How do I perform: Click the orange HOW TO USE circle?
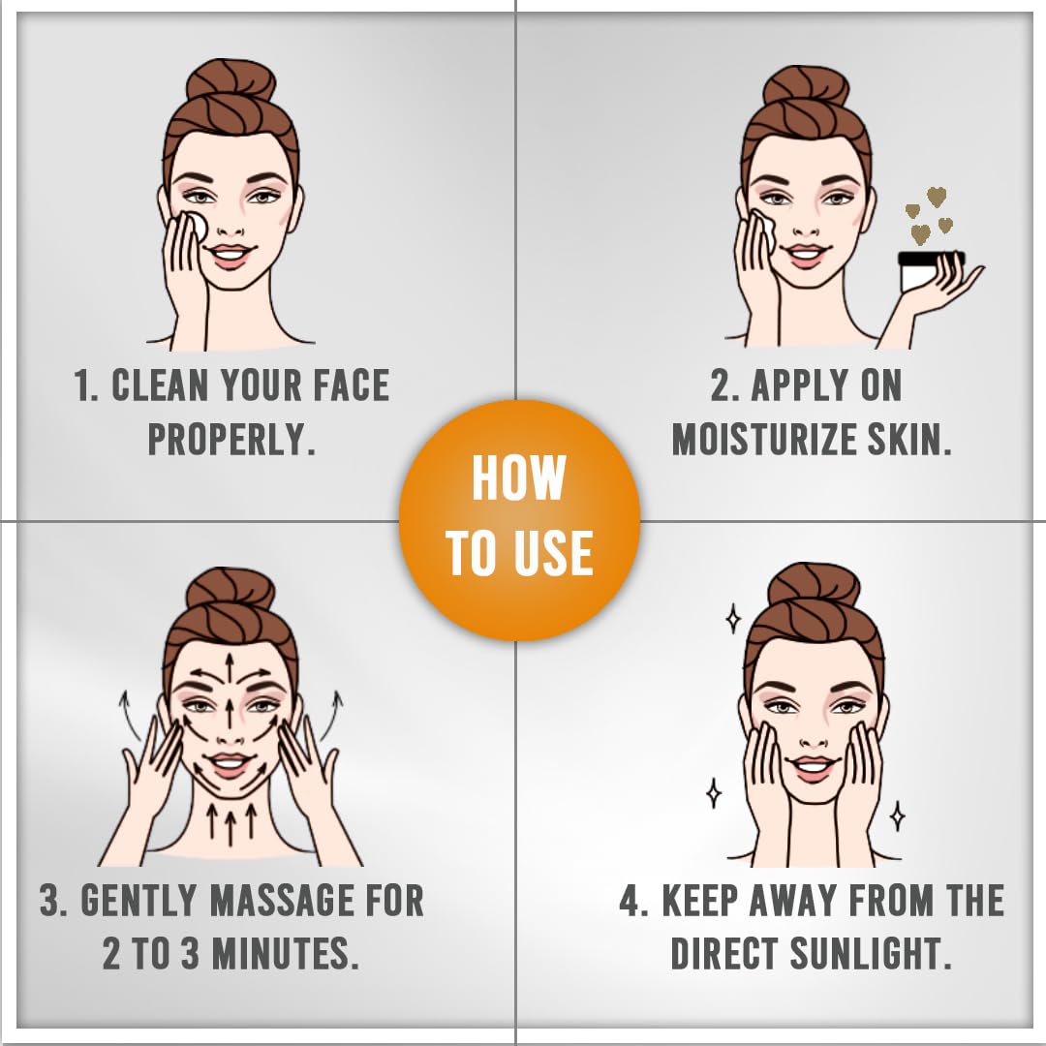[520, 520]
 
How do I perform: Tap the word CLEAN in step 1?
[160, 385]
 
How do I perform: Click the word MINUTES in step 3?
[286, 953]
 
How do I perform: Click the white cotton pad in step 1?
[197, 226]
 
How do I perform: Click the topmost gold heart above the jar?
[937, 196]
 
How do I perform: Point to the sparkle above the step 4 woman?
[733, 618]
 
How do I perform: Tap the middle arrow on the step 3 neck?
[231, 820]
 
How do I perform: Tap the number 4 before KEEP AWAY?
[630, 901]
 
